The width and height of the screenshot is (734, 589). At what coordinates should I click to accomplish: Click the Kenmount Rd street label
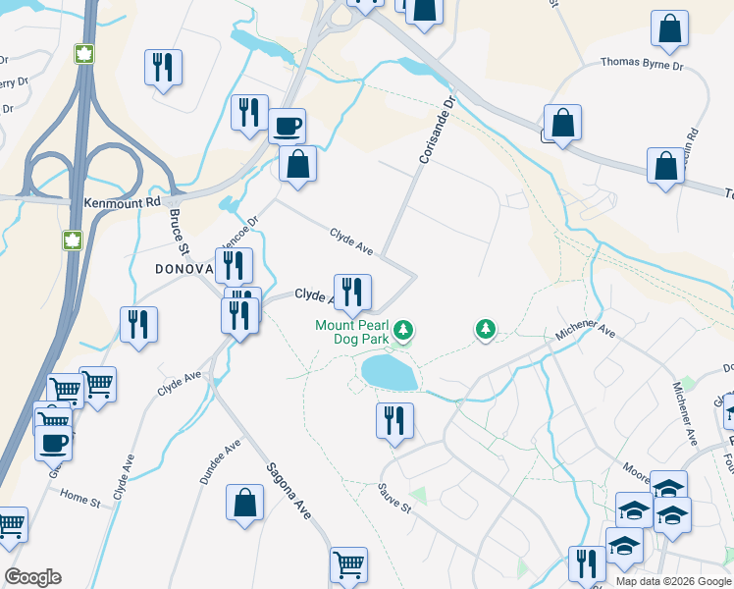tap(122, 202)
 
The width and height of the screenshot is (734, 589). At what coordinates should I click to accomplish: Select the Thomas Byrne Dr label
tap(641, 66)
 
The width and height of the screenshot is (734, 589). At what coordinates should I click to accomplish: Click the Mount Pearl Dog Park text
tap(352, 332)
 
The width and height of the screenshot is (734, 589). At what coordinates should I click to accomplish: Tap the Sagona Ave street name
tap(294, 490)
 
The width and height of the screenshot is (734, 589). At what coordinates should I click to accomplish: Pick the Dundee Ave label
tap(219, 461)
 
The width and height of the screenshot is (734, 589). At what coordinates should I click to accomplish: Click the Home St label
tap(80, 499)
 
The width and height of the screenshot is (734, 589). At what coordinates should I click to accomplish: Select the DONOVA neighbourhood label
tap(183, 269)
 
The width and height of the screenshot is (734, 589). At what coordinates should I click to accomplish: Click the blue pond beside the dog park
tap(389, 372)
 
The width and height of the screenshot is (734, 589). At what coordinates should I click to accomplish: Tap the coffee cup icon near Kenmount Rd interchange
tap(287, 126)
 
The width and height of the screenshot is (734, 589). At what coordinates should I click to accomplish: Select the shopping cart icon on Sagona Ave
tap(348, 564)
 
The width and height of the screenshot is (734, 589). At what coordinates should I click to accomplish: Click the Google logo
tap(32, 577)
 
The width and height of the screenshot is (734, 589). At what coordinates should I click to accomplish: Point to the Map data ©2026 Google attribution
tap(672, 581)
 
